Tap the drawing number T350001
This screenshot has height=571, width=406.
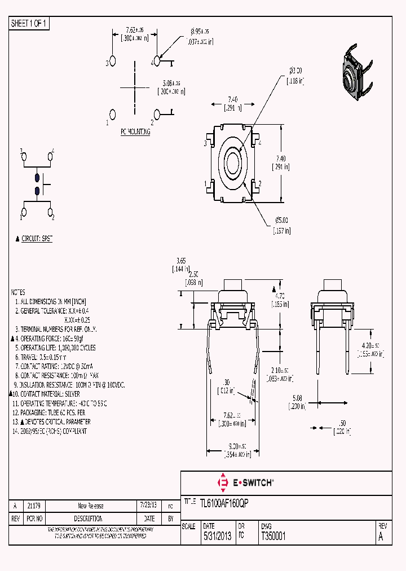coord(273,537)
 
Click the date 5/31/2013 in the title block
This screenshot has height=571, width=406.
coord(217,537)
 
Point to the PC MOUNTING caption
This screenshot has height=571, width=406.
coord(135,131)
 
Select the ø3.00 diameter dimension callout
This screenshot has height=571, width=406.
coord(295,71)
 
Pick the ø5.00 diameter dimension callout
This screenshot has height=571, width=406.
coord(281,220)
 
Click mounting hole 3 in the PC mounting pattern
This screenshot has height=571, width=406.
coord(112,60)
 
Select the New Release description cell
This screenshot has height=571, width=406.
coord(90,506)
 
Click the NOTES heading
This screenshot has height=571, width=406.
coord(18,292)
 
